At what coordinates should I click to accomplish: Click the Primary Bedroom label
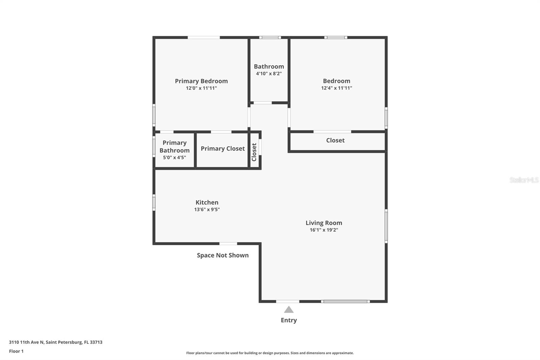[201, 81]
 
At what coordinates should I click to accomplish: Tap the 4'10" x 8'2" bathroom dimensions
[269, 74]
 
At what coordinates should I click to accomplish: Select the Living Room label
[324, 223]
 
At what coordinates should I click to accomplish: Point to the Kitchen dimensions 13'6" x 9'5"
[207, 209]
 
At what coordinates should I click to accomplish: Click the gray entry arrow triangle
[289, 310]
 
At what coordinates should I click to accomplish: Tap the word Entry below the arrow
[289, 320]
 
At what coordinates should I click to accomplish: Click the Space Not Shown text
[223, 255]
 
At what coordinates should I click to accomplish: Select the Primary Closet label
[223, 149]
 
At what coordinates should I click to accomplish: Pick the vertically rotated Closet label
[254, 152]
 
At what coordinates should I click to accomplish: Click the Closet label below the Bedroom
[335, 140]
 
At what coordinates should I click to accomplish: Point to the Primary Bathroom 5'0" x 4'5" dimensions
[174, 158]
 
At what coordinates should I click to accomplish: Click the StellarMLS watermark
[524, 180]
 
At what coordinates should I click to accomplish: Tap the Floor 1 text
[17, 351]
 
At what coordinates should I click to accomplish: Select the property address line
[56, 342]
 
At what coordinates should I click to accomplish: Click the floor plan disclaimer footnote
[270, 353]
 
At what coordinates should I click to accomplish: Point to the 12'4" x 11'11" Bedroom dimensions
[336, 88]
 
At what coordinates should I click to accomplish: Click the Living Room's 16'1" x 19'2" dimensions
[324, 230]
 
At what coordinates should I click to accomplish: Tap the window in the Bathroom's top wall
[270, 37]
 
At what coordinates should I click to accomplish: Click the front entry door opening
[288, 301]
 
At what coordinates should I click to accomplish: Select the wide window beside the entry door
[346, 301]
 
